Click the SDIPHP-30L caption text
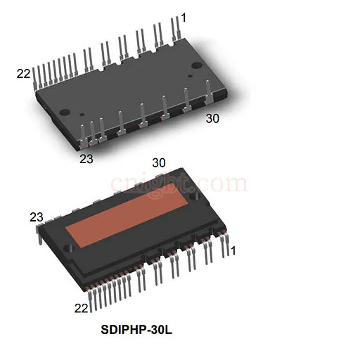tap(136, 330)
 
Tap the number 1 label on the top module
tap(184, 18)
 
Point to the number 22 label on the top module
tap(24, 74)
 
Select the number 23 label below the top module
tap(86, 159)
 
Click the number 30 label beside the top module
tap(212, 119)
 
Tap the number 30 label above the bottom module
tap(159, 162)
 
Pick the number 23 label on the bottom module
tap(37, 217)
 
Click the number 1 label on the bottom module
tap(233, 250)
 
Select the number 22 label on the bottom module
tap(81, 308)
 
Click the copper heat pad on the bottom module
tap(127, 216)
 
